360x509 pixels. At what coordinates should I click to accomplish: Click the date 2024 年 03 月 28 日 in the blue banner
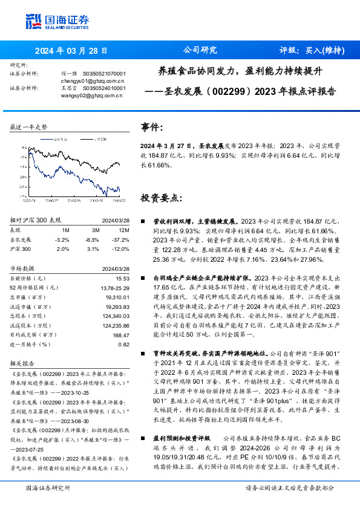tap(71, 51)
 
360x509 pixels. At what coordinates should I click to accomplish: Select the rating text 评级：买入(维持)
tap(312, 50)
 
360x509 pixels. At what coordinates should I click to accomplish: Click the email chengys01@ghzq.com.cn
tap(93, 80)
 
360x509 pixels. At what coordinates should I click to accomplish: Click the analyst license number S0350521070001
tap(104, 73)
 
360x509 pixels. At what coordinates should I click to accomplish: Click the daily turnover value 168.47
tap(121, 334)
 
